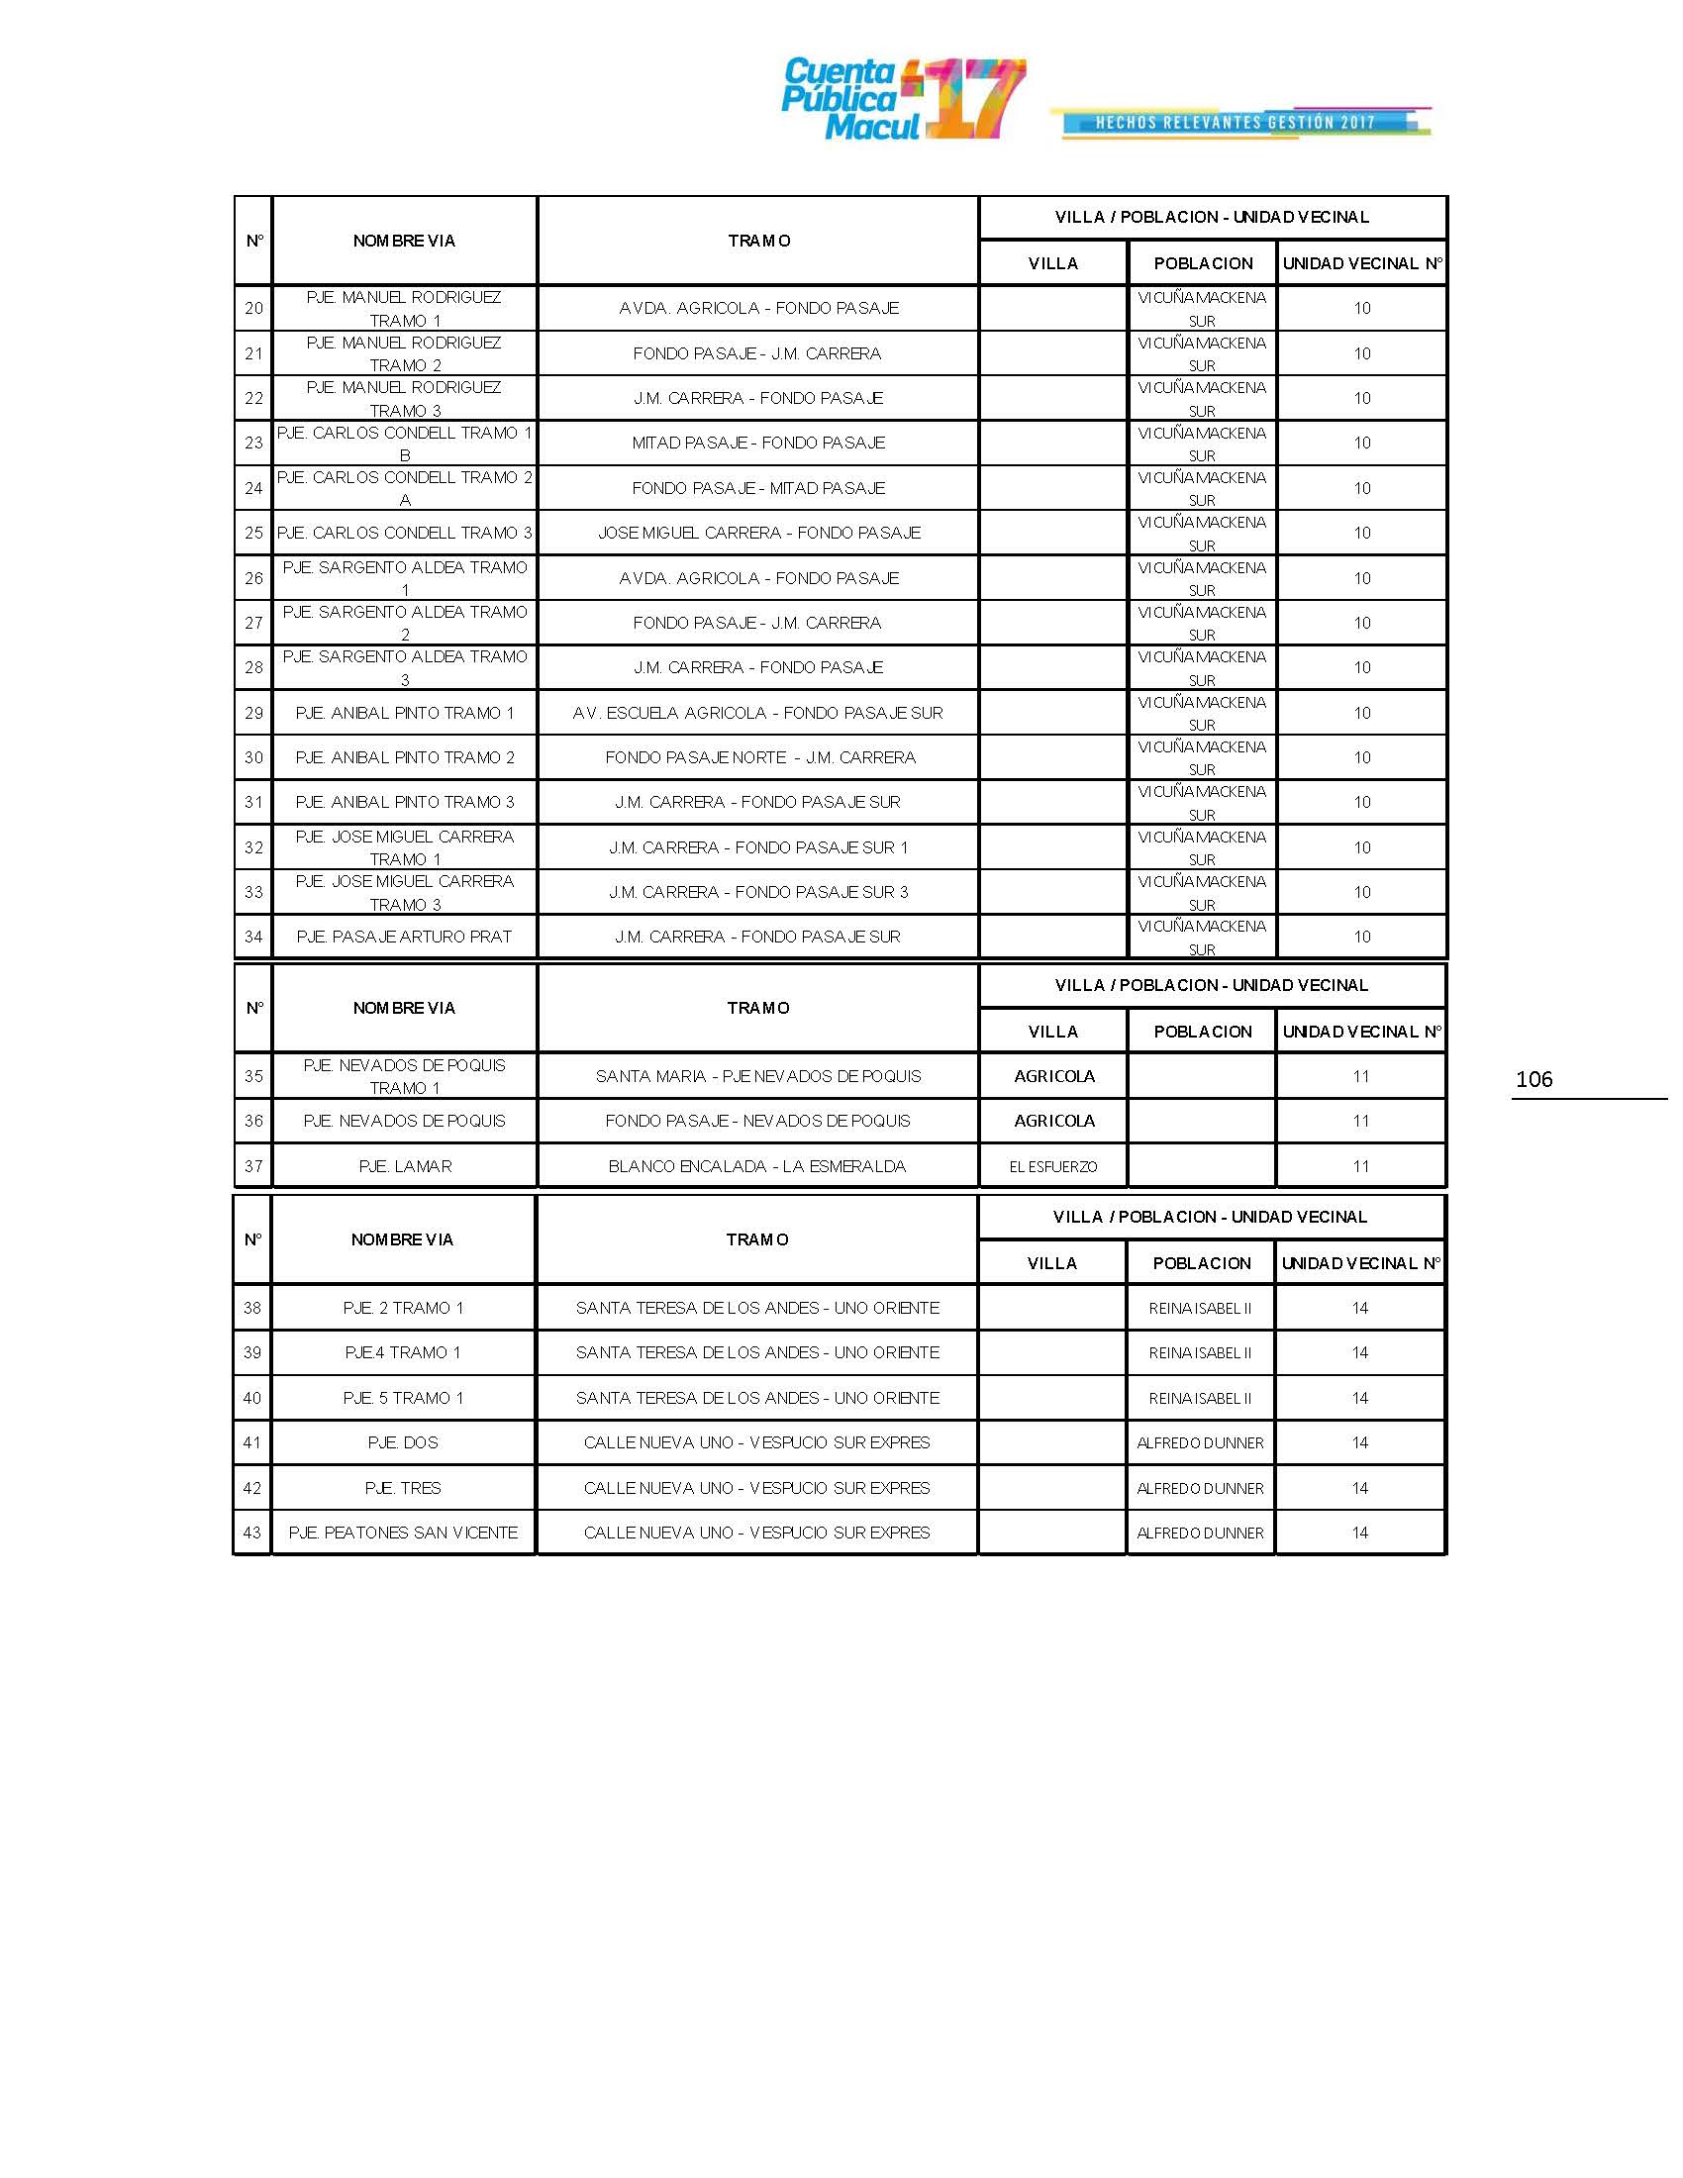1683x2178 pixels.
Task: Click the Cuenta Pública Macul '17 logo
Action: [902, 99]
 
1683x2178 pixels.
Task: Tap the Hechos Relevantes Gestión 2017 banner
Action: [1239, 123]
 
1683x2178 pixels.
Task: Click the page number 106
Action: [1534, 1079]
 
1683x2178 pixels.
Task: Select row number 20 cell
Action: [253, 308]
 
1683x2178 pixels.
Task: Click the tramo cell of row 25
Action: [757, 533]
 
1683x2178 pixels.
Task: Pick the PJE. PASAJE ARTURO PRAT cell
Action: [404, 937]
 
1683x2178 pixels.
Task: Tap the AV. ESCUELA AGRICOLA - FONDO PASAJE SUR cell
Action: [757, 713]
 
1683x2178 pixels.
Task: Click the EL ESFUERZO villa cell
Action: [1053, 1166]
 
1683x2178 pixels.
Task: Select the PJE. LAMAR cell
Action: [404, 1166]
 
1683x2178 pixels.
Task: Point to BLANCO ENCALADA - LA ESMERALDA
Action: [757, 1166]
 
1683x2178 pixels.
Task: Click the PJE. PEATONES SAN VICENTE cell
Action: [403, 1533]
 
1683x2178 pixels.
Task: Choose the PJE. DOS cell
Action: [403, 1443]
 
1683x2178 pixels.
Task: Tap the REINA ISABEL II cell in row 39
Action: [1201, 1353]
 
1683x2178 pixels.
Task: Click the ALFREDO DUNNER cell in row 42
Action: [1201, 1488]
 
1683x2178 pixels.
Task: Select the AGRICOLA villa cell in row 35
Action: [1054, 1076]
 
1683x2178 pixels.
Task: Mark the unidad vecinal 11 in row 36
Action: [1361, 1121]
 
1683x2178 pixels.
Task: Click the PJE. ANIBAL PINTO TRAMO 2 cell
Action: [404, 758]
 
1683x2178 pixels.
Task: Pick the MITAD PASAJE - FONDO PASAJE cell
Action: [757, 443]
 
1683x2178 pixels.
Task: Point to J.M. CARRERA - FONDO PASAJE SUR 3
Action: [757, 893]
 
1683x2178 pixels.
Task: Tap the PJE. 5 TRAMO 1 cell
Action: [403, 1398]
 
